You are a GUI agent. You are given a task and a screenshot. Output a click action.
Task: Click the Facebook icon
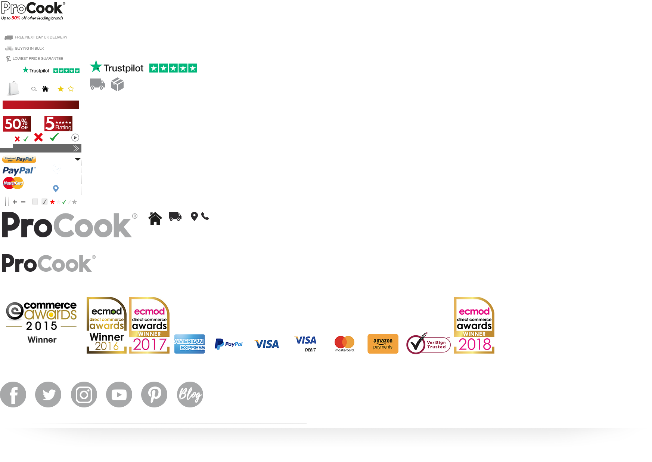pos(13,395)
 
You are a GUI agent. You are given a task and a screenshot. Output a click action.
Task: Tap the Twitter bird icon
pos(48,395)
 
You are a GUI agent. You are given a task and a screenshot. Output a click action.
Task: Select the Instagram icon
pos(84,395)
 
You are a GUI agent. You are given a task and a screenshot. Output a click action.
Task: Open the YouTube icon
pos(119,395)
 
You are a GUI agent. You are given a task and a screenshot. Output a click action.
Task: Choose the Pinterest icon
pos(154,395)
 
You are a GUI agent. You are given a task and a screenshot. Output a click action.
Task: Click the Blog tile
pos(190,395)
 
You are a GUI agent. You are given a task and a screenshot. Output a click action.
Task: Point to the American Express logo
pos(190,344)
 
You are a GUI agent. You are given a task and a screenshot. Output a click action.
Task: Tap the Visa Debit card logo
pos(306,344)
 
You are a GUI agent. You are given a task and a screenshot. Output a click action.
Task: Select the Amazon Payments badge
pos(383,344)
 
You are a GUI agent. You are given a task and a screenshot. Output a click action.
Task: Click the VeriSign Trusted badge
pos(428,343)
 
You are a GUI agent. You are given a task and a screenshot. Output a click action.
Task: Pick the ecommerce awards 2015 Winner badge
pos(41,324)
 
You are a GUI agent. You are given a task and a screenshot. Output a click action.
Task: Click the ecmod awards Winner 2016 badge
pos(106,325)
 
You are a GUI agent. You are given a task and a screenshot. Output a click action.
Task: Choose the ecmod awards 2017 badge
pos(149,325)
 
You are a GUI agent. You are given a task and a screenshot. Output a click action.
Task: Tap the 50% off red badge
pos(17,124)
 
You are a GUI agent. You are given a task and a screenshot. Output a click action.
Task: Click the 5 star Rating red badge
pos(58,123)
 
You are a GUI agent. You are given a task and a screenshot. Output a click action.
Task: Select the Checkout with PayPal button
pos(19,159)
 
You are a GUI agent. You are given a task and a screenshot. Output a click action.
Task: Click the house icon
pos(155,218)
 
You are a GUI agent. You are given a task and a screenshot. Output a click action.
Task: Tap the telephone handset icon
pos(205,216)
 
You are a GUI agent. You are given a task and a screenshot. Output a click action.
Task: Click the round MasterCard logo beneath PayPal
pos(13,183)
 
